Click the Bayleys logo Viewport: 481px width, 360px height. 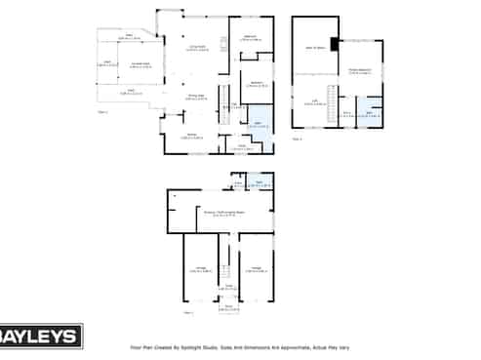click(x=40, y=337)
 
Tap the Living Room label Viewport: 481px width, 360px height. click(x=195, y=47)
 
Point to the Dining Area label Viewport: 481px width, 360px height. click(x=196, y=96)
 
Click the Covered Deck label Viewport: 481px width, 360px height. click(x=140, y=65)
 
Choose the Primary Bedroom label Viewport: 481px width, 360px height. click(x=361, y=71)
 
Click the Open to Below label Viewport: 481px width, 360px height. click(x=316, y=46)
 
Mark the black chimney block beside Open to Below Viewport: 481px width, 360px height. click(x=335, y=43)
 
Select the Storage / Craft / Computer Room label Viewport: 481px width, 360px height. click(x=222, y=212)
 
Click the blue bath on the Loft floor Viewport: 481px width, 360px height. click(x=370, y=112)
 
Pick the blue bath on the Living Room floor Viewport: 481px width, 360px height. click(x=259, y=124)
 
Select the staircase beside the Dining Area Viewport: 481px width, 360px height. click(x=222, y=113)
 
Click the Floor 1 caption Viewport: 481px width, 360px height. click(x=187, y=312)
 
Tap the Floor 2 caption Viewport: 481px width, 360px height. click(x=103, y=113)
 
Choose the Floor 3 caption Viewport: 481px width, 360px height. click(x=297, y=140)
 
